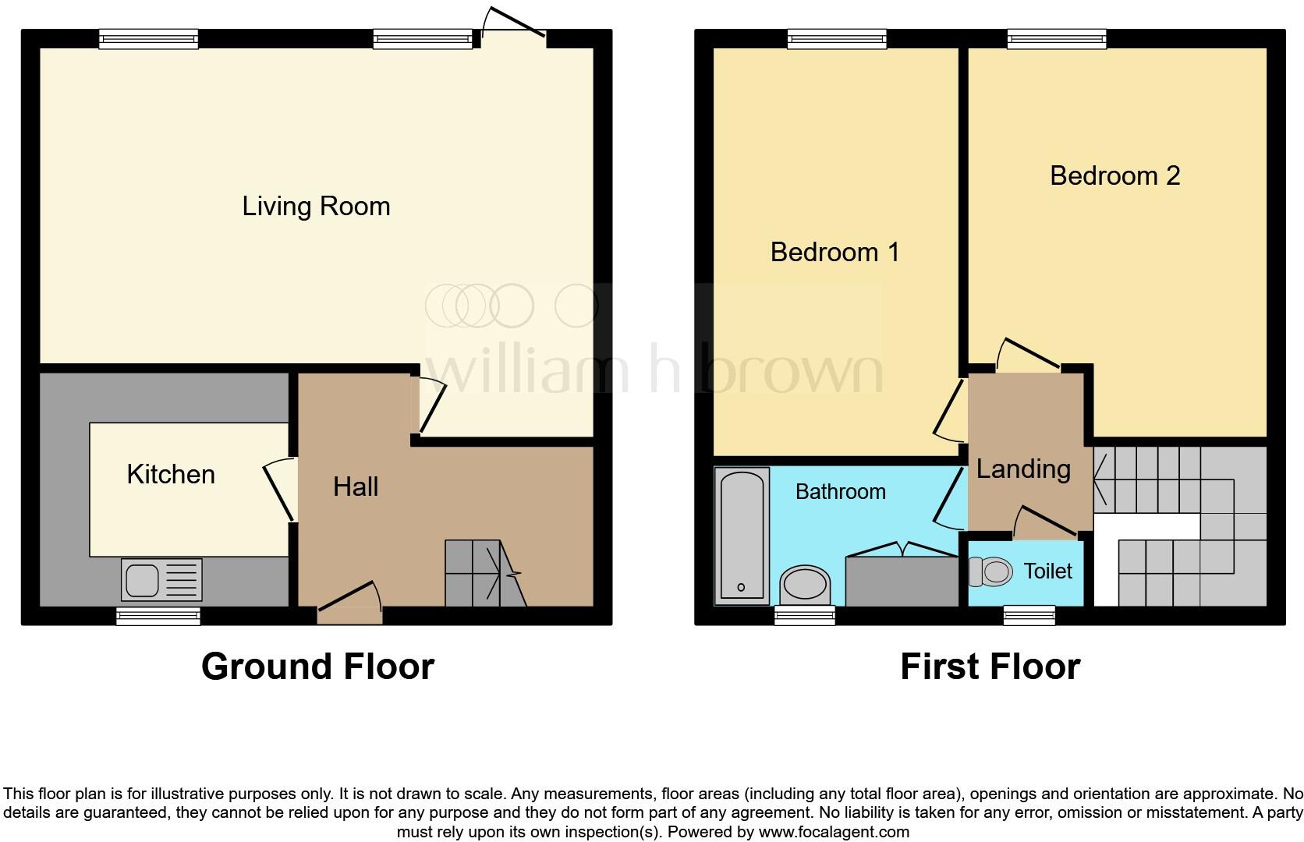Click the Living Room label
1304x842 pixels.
coord(316,207)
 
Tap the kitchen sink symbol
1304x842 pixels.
coord(161,579)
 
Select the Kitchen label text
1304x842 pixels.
coord(171,474)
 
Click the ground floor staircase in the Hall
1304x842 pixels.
coord(484,574)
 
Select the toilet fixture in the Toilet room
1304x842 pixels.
coord(990,572)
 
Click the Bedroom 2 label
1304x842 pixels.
coord(1114,176)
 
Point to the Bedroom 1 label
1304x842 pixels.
coord(834,253)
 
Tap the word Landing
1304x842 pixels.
coord(1023,469)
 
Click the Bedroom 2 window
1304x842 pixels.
coord(1057,39)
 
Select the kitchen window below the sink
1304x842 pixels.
coord(158,616)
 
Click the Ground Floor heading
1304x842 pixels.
coord(317,667)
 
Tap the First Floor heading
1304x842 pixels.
coord(990,667)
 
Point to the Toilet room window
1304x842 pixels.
coord(1029,616)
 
